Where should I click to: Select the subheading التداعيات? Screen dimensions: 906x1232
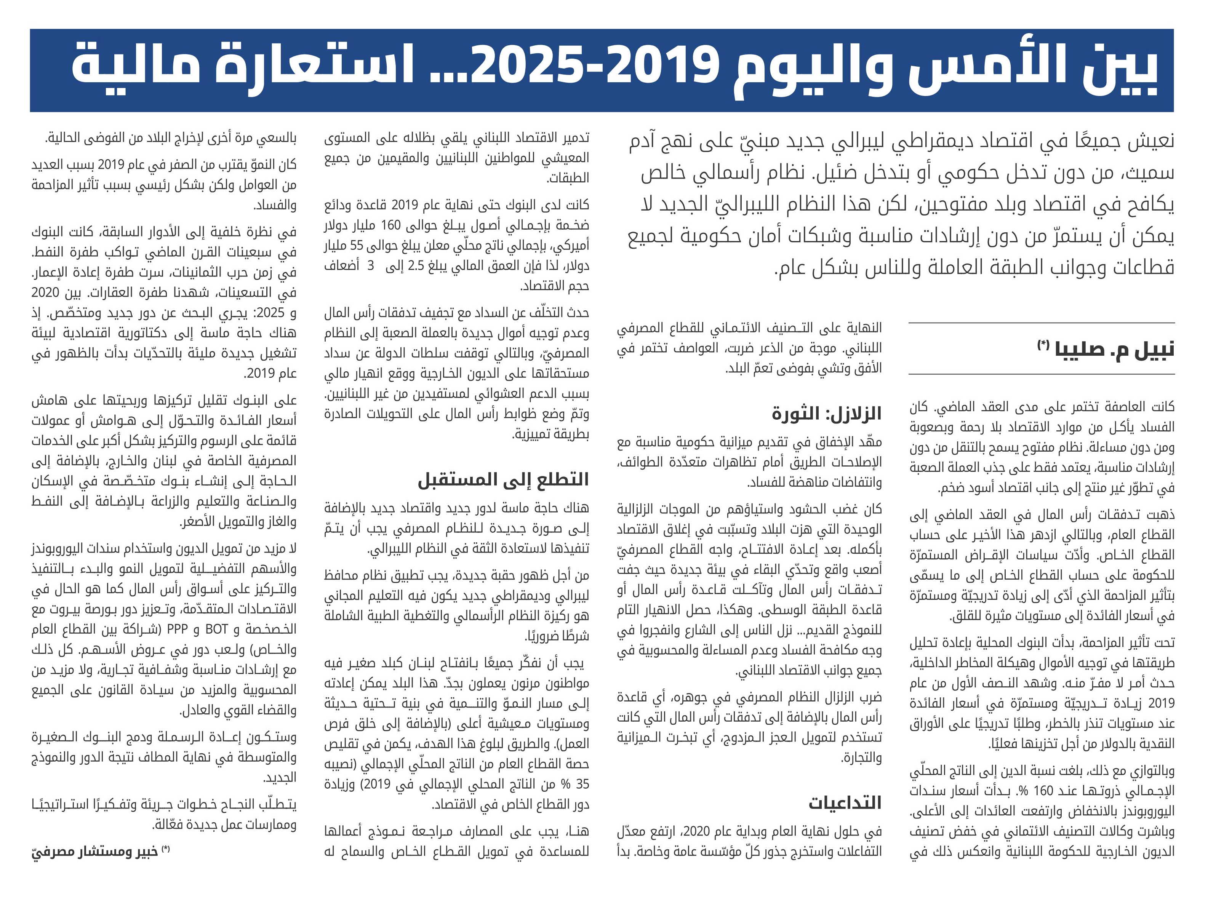(x=845, y=803)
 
